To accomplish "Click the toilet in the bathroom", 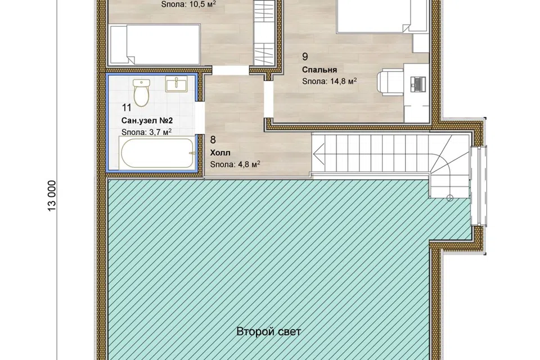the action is pos(141,92).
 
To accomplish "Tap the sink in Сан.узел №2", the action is pos(176,84).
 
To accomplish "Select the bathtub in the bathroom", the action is pos(158,153).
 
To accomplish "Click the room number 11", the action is pos(127,108).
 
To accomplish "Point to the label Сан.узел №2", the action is pos(147,121).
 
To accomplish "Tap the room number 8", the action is pos(213,140).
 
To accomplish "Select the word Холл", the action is pos(220,152).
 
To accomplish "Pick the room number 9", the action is pos(305,56).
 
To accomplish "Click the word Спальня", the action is pos(319,70).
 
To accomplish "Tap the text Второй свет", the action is pos(269,331).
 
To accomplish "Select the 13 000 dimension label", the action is pos(52,196).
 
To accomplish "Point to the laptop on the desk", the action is pos(418,83).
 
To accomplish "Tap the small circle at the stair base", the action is pos(449,198).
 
